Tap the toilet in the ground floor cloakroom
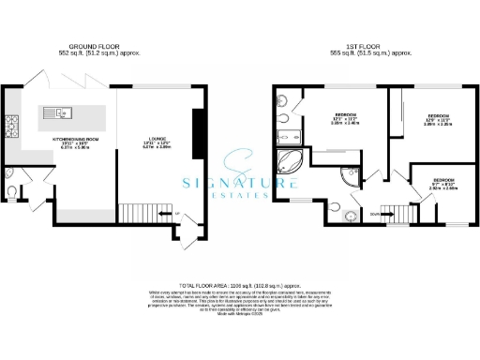9,191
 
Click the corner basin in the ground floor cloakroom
7,172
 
